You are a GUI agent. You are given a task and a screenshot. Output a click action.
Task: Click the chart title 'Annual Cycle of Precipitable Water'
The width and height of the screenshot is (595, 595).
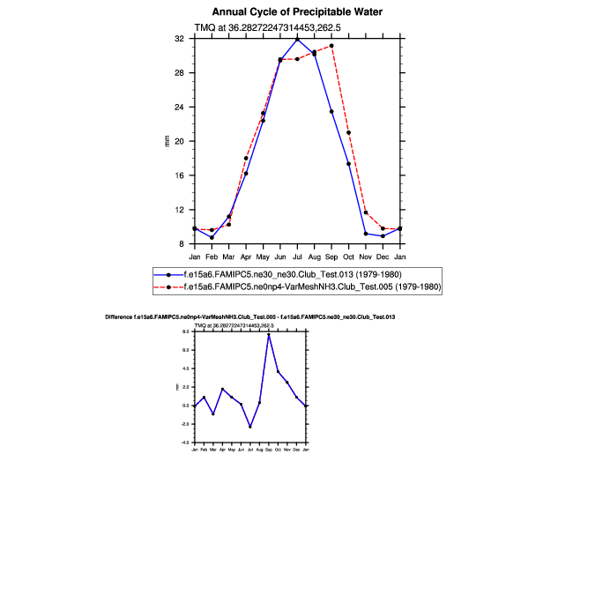point(297,11)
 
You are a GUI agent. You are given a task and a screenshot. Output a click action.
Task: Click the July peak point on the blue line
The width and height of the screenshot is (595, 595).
point(297,39)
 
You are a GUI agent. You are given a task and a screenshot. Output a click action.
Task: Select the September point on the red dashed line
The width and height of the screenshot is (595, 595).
point(331,45)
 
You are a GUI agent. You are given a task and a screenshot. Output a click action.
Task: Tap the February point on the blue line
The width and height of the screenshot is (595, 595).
point(212,237)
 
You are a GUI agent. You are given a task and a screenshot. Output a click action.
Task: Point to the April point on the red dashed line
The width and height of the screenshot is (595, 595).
point(246,159)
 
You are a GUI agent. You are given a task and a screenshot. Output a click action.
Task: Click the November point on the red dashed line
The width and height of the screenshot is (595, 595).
point(366,212)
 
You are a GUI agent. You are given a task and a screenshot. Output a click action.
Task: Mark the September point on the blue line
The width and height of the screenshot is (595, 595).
point(331,112)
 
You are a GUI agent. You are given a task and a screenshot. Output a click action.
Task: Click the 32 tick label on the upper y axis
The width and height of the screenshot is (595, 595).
point(179,39)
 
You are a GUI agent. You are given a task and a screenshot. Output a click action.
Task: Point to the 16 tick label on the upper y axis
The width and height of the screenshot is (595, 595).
point(179,175)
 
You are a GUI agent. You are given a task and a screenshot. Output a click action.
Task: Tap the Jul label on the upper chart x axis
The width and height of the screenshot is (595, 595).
point(297,257)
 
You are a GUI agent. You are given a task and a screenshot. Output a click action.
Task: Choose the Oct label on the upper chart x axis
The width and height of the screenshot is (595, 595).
point(348,257)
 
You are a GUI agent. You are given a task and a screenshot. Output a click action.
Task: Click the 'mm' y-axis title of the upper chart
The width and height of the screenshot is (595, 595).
point(167,141)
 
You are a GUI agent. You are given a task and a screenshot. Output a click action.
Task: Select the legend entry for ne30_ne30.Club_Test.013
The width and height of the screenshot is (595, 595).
point(292,274)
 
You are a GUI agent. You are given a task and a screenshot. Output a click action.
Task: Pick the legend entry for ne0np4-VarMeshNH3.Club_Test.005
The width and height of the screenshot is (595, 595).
point(309,287)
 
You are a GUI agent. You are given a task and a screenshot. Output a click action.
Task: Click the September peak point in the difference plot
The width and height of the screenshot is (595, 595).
point(269,335)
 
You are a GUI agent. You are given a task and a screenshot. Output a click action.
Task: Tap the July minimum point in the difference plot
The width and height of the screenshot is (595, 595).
point(250,428)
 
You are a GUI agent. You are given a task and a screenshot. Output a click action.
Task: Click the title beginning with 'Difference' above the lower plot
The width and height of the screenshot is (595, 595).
point(249,316)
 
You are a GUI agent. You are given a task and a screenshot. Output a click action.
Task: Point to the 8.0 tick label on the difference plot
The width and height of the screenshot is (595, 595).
point(186,331)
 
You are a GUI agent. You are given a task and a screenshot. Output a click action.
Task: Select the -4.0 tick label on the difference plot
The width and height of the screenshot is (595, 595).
point(185,443)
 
